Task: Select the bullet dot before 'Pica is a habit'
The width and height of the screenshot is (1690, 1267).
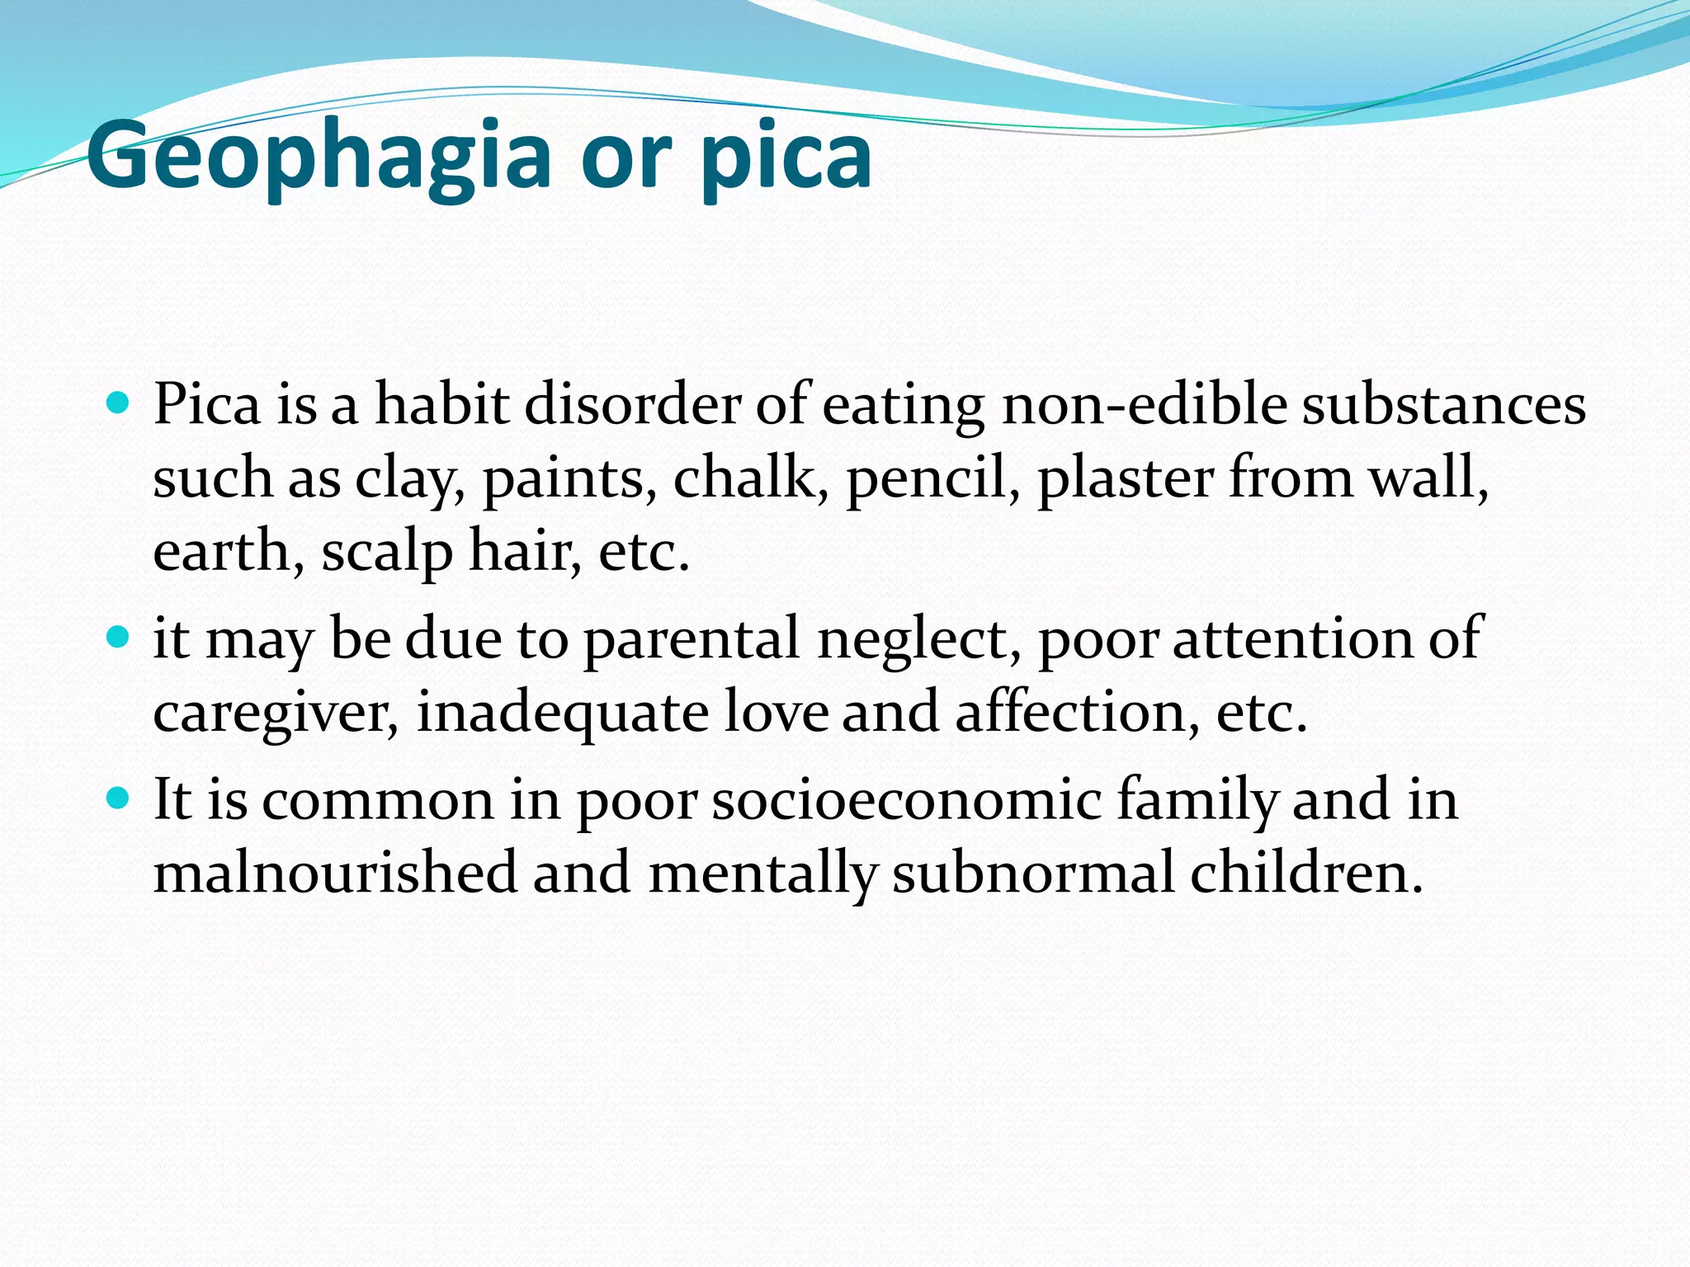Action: click(x=119, y=403)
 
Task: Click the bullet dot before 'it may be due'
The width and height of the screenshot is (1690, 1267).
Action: click(x=119, y=637)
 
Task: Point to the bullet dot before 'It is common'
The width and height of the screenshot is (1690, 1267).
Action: click(x=119, y=798)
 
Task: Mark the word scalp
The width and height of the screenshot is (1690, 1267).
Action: click(x=387, y=551)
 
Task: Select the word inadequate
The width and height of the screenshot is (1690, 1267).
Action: click(x=562, y=712)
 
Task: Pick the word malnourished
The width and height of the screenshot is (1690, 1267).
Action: click(x=335, y=872)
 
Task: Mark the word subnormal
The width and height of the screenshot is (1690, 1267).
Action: click(x=1032, y=872)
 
